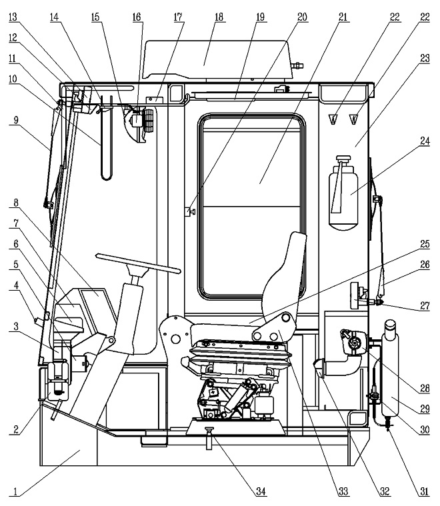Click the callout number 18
219,17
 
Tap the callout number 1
15,492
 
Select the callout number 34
261,491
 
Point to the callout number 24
425,141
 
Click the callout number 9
15,120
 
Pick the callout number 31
424,491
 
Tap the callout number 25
425,244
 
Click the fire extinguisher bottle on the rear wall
343,193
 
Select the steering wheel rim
138,263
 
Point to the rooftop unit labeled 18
217,60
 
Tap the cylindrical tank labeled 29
390,368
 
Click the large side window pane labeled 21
252,207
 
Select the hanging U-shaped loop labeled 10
106,139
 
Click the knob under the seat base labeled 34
209,437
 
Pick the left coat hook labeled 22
333,119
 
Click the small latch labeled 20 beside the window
190,212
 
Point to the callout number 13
13,17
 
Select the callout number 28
425,388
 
